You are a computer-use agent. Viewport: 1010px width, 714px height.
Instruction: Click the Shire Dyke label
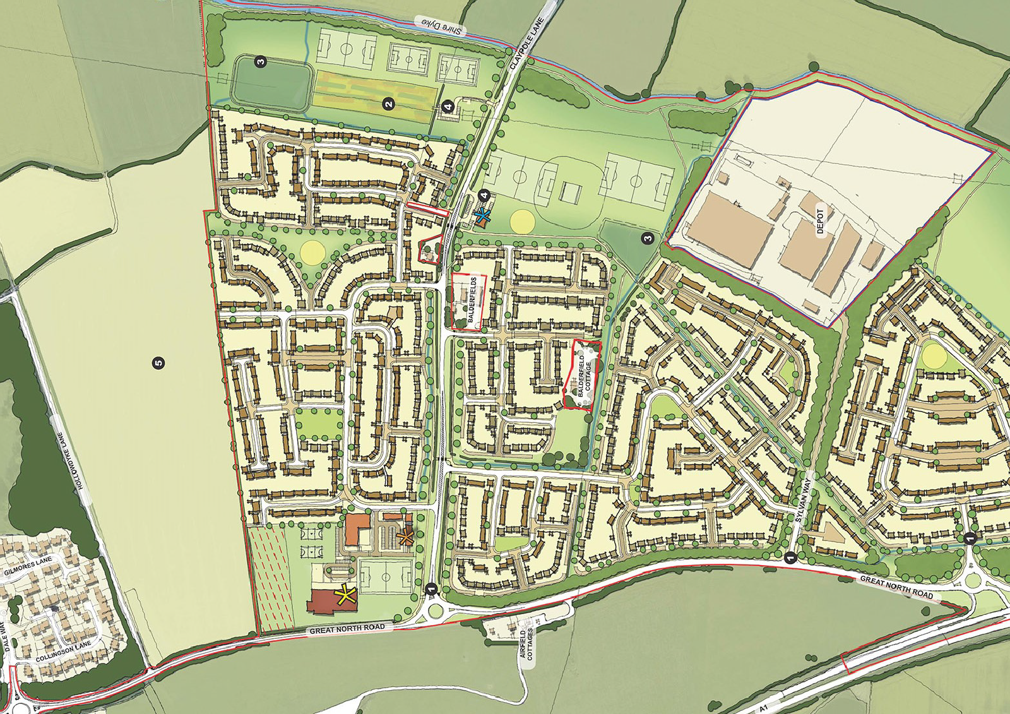pos(442,26)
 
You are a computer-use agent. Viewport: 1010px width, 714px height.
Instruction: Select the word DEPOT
pos(821,222)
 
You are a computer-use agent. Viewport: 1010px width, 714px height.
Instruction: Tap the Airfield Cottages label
pos(527,643)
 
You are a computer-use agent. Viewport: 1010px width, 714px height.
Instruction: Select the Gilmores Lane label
pos(28,567)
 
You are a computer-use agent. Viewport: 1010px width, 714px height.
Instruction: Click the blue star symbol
pos(483,215)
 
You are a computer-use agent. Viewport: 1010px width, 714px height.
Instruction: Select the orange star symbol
pos(405,537)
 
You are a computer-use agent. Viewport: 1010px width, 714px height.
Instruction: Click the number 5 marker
pos(158,362)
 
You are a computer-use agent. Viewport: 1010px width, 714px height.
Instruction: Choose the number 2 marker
pos(389,104)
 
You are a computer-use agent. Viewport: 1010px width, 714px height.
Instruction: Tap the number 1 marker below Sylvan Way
pos(789,557)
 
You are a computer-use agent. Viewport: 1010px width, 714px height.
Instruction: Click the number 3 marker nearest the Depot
pos(648,238)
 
